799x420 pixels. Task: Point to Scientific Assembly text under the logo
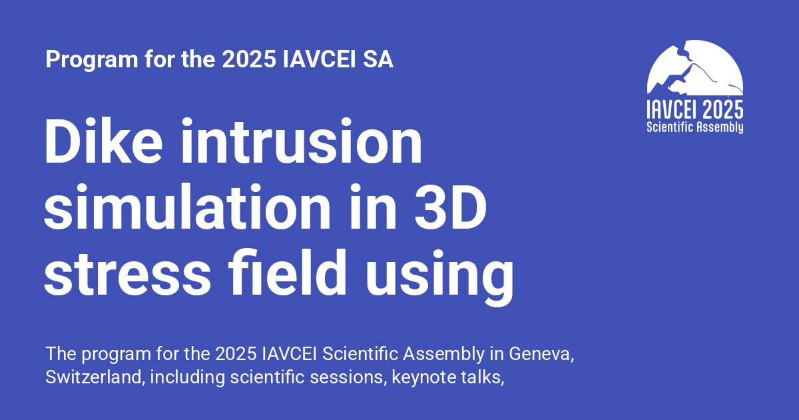pos(694,127)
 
